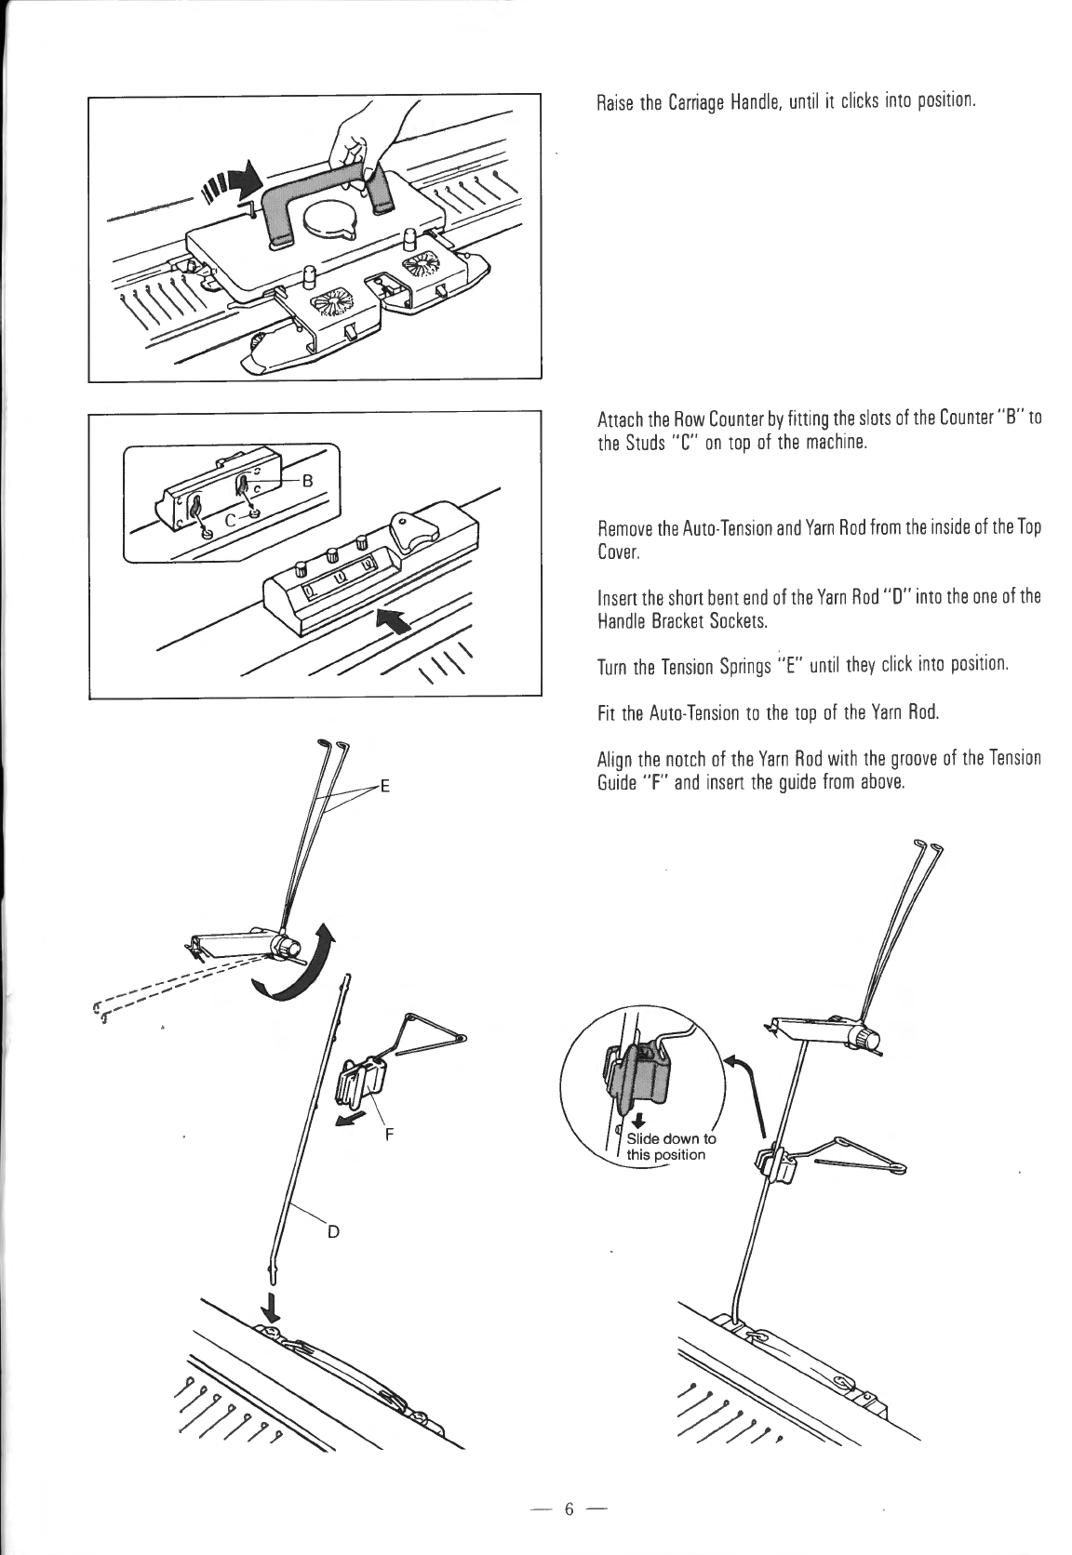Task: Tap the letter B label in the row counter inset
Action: pos(307,481)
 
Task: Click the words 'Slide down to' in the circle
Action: pos(671,1138)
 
